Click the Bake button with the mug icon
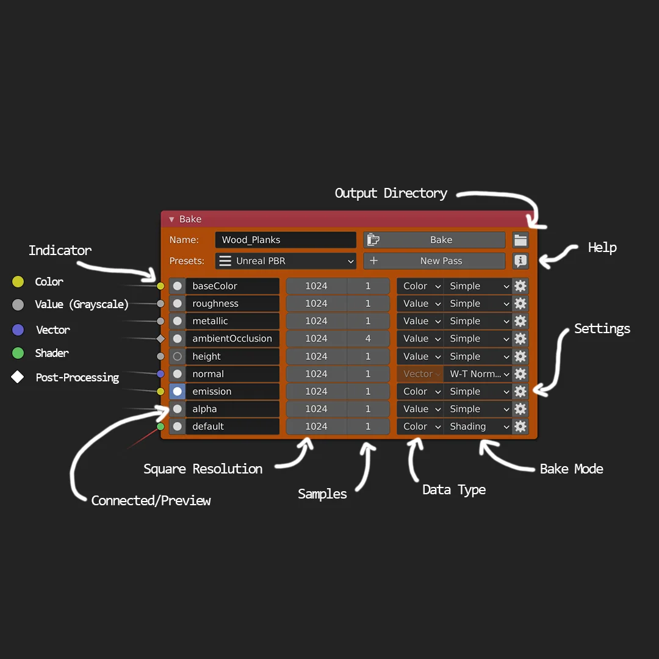434,240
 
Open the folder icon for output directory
520,240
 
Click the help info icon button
520,261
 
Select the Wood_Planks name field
285,240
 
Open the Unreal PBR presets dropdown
285,261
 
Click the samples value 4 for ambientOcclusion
368,339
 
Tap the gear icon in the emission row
520,392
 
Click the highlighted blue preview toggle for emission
178,392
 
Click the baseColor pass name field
232,286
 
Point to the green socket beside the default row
160,427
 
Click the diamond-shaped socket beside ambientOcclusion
160,339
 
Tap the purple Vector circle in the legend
18,330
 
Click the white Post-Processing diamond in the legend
18,377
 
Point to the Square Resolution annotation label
203,469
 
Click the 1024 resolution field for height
316,356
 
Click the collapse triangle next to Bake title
171,220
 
